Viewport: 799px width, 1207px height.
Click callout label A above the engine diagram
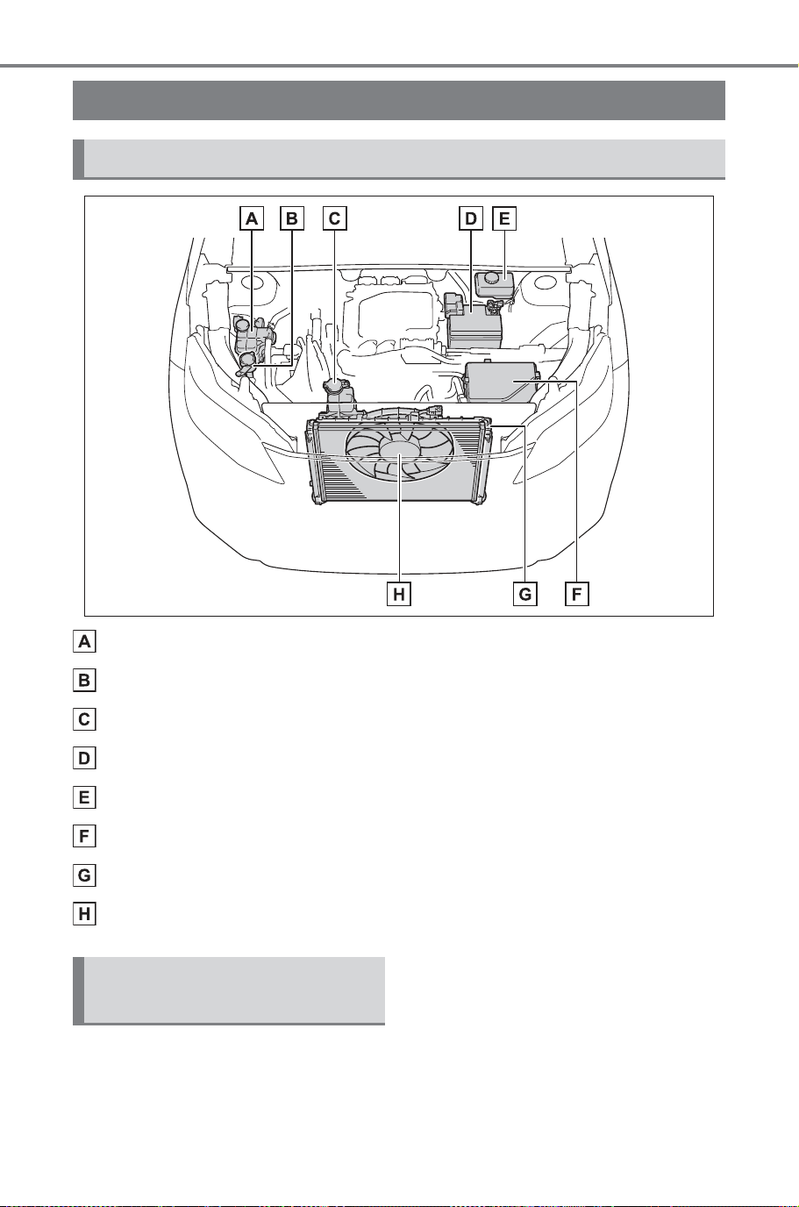click(252, 218)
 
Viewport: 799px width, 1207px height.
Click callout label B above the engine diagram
click(292, 218)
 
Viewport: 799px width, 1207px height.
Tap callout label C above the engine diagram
click(334, 218)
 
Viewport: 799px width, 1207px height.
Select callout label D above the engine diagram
click(471, 218)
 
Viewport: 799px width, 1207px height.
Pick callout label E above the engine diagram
click(504, 218)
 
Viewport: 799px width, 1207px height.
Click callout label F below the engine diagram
click(577, 595)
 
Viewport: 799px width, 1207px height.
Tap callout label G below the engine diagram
click(525, 595)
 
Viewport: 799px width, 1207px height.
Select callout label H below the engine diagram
click(399, 595)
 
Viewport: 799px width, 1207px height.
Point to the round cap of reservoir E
click(491, 278)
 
